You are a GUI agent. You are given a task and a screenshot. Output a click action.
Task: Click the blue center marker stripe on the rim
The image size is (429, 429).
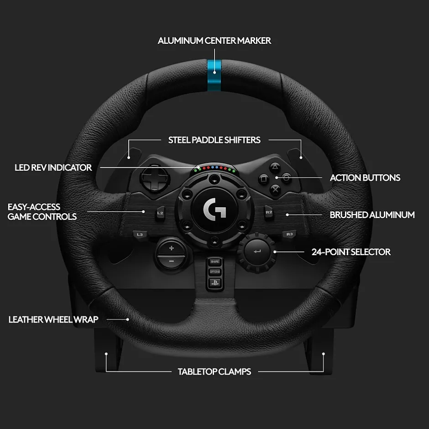(214, 75)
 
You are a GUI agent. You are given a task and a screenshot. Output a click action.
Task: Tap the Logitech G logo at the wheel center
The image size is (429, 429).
(214, 209)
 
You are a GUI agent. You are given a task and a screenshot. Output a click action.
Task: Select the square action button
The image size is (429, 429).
(264, 179)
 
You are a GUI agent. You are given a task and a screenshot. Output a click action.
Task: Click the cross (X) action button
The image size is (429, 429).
(275, 189)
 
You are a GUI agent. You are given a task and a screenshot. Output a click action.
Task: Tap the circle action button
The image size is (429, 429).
(286, 178)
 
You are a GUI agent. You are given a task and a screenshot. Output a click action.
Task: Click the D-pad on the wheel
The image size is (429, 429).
(155, 178)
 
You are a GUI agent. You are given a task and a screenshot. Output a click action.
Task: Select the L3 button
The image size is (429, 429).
(140, 235)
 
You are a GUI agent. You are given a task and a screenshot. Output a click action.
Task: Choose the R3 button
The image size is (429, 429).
(289, 234)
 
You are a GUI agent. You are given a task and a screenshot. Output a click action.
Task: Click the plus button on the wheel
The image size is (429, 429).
(171, 248)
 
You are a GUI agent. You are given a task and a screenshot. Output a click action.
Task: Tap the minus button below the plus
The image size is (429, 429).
(171, 262)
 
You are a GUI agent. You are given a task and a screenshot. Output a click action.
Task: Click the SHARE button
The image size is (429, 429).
(215, 262)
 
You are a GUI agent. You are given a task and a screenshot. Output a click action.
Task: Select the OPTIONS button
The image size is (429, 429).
(215, 272)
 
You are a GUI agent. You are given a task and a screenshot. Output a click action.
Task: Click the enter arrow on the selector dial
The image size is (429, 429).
(257, 251)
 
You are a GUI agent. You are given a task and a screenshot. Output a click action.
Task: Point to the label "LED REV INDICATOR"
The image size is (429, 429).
(53, 167)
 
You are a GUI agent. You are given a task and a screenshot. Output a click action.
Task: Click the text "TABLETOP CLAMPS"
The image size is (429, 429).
(214, 371)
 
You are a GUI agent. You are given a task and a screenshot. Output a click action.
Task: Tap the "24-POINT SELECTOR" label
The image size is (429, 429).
(351, 252)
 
